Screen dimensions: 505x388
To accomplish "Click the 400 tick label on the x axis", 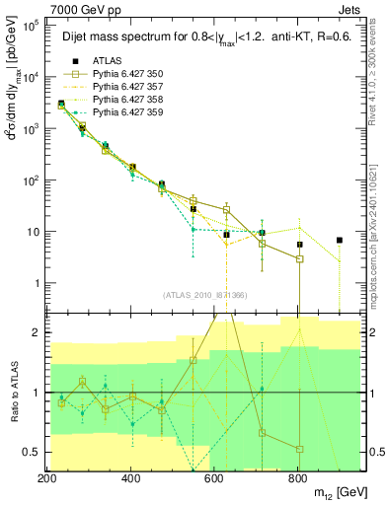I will coord(131,477).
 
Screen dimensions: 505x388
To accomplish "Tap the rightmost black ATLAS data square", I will coord(340,240).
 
